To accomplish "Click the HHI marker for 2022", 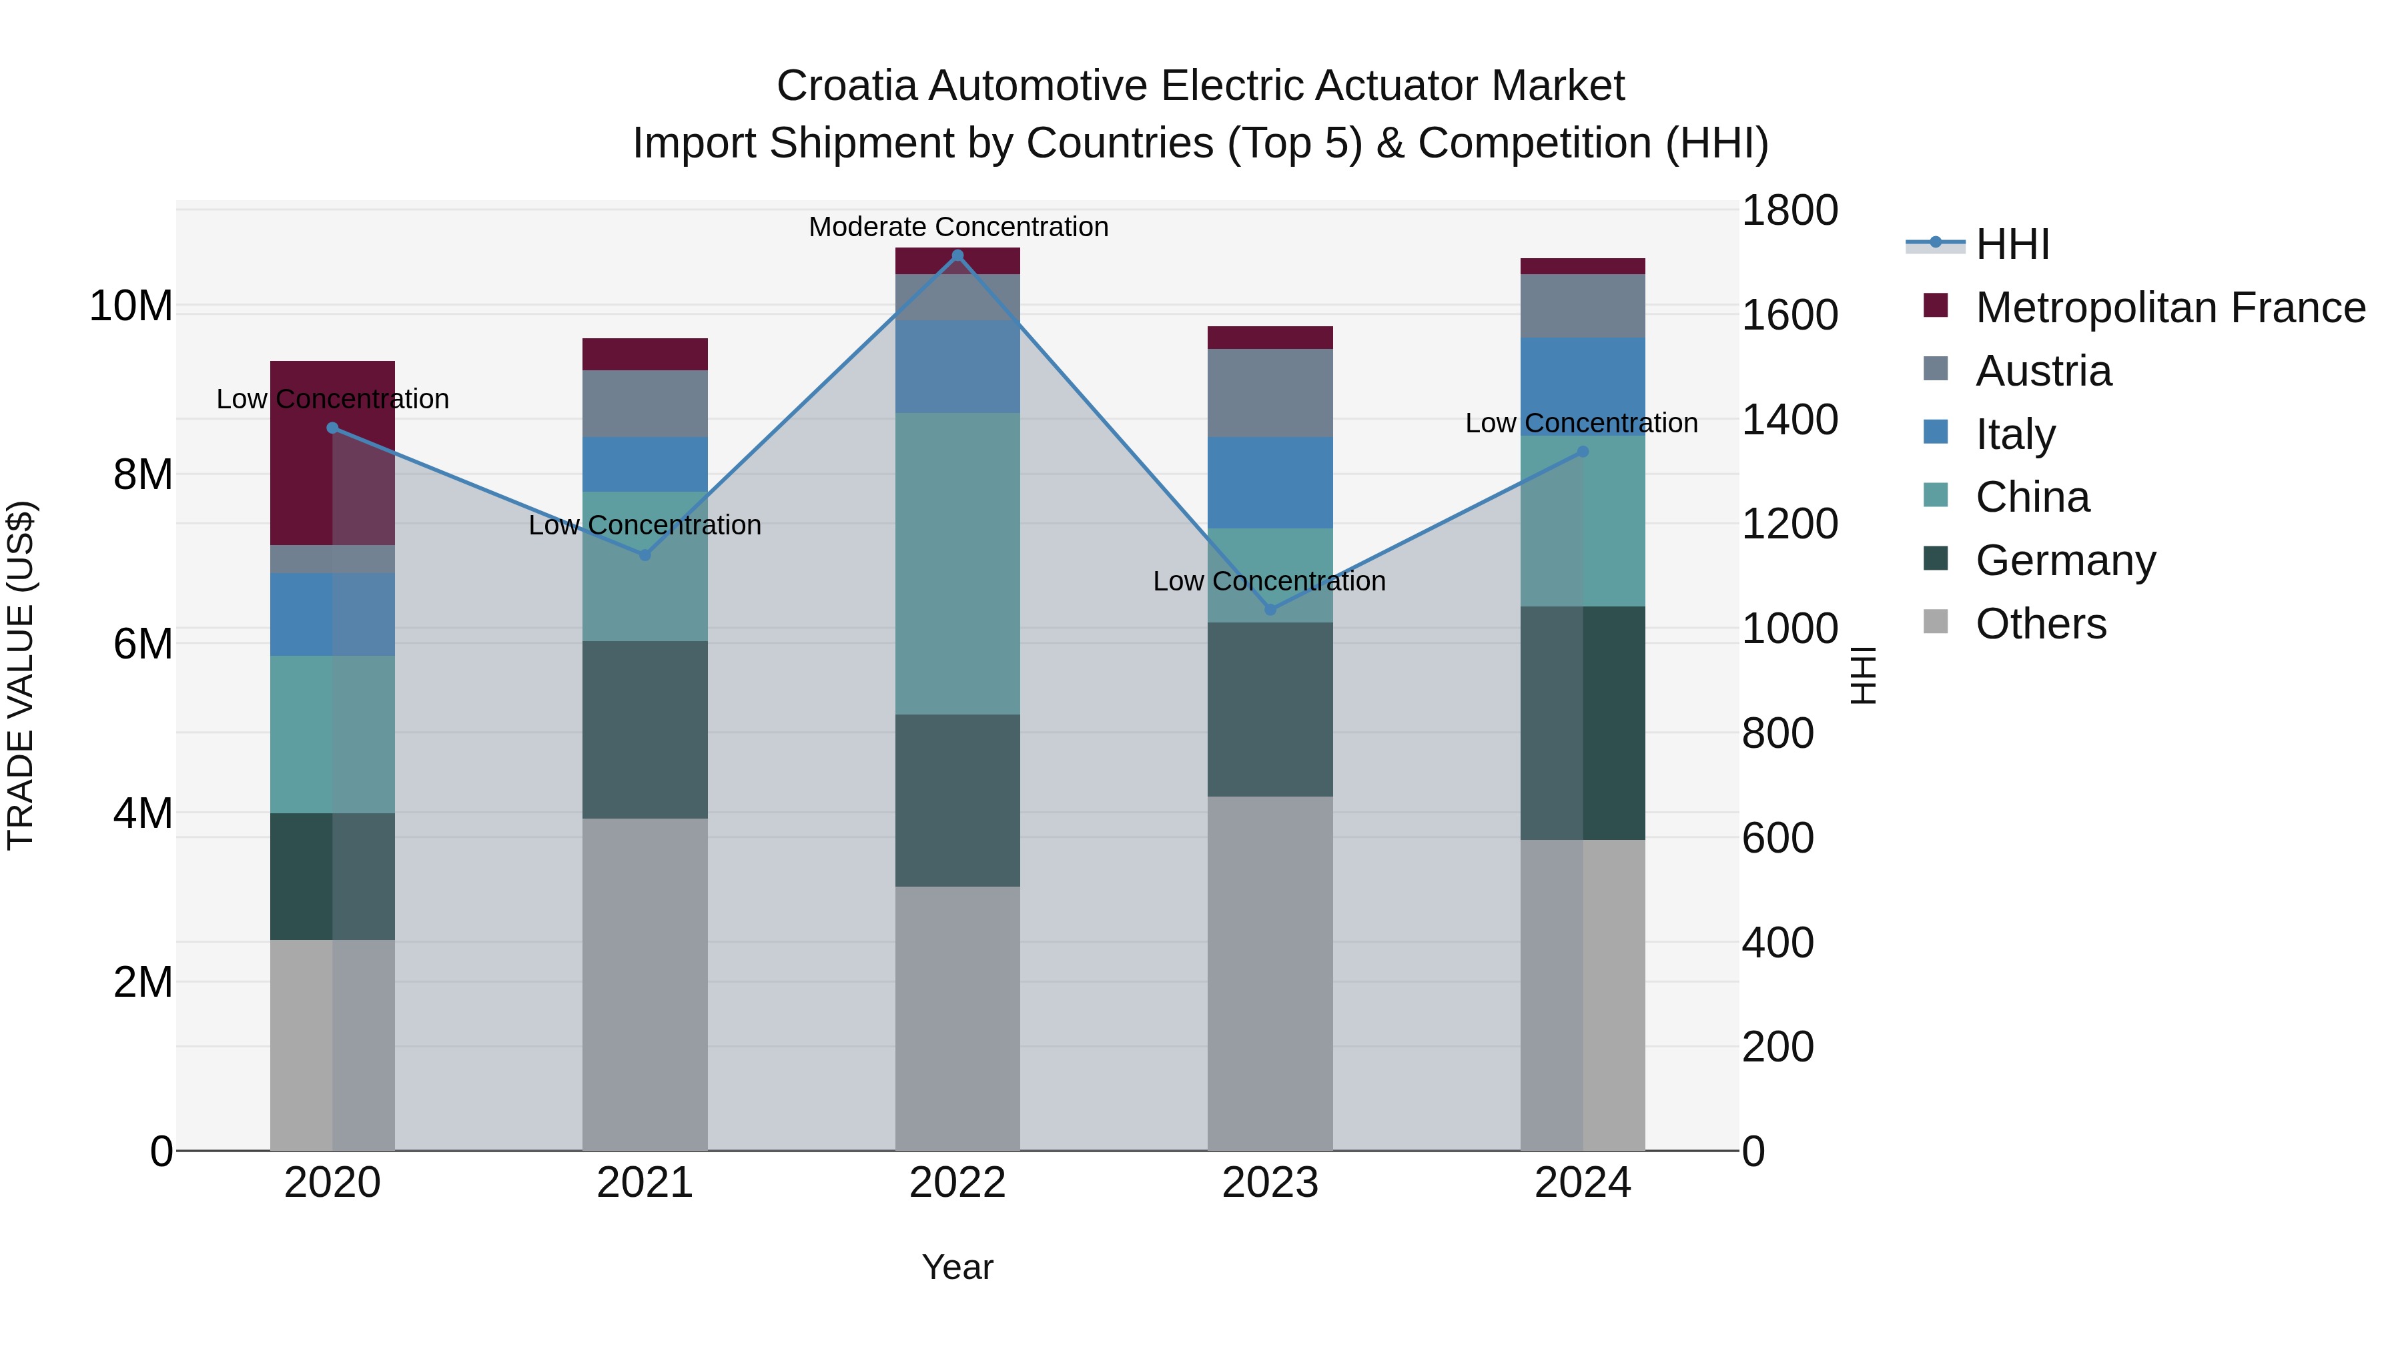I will [x=957, y=256].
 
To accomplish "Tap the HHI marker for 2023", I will [x=1270, y=610].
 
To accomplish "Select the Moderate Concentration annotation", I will [x=957, y=227].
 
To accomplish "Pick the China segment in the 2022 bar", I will [x=957, y=563].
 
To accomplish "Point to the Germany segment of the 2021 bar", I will [x=645, y=729].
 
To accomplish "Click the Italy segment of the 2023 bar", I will [x=1270, y=482].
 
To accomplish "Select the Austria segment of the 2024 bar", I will [x=1583, y=306].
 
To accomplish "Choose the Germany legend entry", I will [x=2065, y=560].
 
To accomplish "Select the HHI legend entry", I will [x=2012, y=244].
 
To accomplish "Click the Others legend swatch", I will [x=1936, y=622].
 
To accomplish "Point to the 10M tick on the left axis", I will [x=131, y=306].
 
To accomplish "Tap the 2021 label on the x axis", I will [x=645, y=1183].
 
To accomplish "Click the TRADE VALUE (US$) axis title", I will [x=21, y=675].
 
